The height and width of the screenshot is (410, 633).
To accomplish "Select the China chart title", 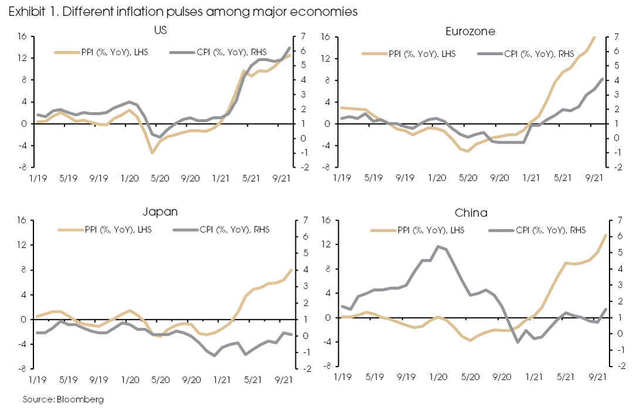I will pyautogui.click(x=471, y=212).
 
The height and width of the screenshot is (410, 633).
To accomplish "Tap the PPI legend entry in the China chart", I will pyautogui.click(x=417, y=231).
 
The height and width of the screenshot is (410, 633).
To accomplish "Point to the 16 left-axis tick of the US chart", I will pyautogui.click(x=22, y=36).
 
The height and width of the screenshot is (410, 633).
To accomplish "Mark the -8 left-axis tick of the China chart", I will pyautogui.click(x=325, y=366).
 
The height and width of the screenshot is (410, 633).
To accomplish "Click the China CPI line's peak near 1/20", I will pyautogui.click(x=438, y=246).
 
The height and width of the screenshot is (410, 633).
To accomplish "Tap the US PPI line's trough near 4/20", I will pyautogui.click(x=152, y=153).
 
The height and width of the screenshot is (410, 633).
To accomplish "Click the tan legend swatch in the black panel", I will pyautogui.click(x=71, y=230).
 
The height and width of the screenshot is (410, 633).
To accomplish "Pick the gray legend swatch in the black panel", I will pyautogui.click(x=186, y=230).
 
